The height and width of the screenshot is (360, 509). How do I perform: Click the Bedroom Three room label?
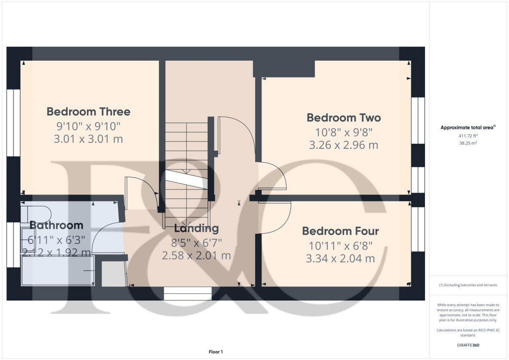[88, 111]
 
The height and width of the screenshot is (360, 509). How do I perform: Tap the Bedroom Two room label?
[343, 118]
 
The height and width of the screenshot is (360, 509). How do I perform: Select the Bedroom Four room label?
[340, 231]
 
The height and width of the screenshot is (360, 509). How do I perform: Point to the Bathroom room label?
[56, 225]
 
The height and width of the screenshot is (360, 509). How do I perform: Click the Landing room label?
[196, 229]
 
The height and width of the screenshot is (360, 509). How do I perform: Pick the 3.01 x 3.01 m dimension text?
[88, 139]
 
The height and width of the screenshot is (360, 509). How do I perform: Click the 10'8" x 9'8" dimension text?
[343, 132]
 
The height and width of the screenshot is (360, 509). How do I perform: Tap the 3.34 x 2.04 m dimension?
[340, 259]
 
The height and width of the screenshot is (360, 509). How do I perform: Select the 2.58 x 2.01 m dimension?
[196, 256]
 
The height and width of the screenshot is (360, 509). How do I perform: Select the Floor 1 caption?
[216, 352]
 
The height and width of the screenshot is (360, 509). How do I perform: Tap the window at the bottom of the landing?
[187, 293]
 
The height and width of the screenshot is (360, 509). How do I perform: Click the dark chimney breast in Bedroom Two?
[284, 69]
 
